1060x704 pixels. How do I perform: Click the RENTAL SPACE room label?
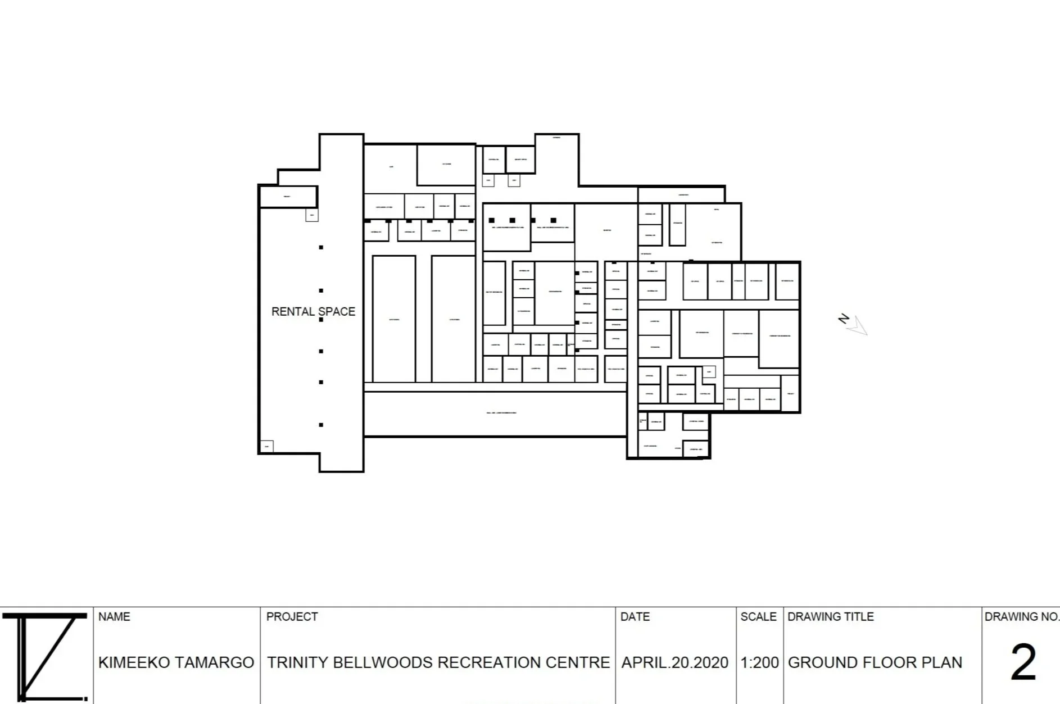coord(313,311)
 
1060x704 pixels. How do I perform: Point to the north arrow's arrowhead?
coord(859,326)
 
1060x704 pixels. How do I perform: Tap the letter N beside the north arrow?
coord(844,319)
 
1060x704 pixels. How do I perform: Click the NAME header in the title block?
coord(114,616)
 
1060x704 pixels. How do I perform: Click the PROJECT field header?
coord(292,616)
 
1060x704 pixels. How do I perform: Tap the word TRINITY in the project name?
coord(297,662)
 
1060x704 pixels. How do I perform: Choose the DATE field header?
coord(635,616)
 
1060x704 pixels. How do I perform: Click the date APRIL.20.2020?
coord(674,662)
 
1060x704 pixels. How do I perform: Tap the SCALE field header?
coord(758,616)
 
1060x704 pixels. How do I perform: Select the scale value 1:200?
coord(759,662)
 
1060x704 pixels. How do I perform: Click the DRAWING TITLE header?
coord(830,616)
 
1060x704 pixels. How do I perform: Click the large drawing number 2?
coord(1023,662)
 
